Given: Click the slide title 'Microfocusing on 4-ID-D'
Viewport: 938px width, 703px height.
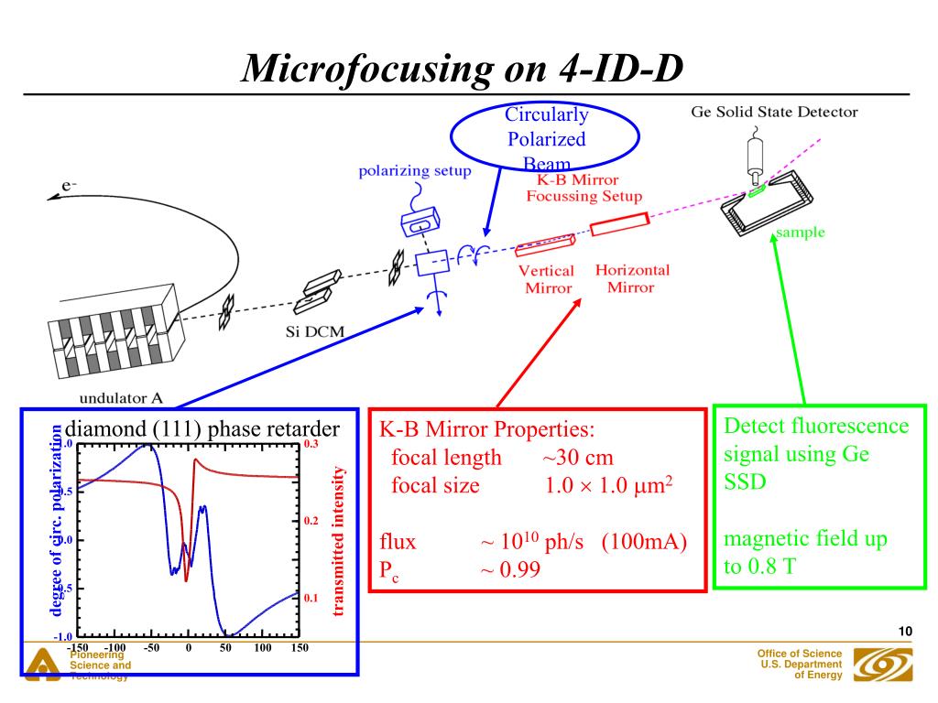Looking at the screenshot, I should [463, 69].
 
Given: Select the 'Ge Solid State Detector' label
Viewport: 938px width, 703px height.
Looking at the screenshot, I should [774, 113].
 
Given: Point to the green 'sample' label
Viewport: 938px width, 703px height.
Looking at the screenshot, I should [800, 233].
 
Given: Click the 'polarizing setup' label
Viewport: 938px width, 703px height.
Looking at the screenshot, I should [415, 171].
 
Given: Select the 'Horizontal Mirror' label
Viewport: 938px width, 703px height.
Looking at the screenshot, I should [632, 278].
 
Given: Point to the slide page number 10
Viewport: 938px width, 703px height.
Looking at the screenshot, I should [906, 632].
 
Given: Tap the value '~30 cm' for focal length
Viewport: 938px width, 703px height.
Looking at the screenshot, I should [578, 458].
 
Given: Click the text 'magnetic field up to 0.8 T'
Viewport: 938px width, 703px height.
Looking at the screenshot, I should [805, 553].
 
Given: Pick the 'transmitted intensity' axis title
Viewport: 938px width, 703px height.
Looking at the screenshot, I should [339, 540].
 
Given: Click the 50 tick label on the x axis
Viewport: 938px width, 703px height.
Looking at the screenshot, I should [226, 648].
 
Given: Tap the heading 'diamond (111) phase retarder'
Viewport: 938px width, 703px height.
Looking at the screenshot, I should [202, 429].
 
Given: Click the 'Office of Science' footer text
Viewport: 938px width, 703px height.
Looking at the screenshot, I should [799, 652].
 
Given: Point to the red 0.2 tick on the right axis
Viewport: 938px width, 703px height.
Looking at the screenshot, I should [310, 521].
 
